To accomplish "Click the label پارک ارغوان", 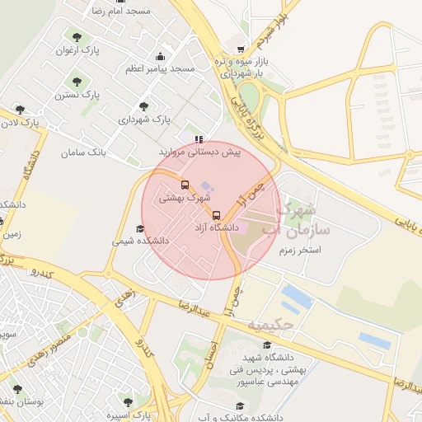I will pos(77,50).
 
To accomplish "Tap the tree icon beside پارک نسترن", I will pos(77,82).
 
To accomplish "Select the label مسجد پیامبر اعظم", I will pos(160,68).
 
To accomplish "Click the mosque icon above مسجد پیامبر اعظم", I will pos(160,56).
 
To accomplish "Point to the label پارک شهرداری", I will pos(144,119).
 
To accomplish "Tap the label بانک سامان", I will pos(84,152).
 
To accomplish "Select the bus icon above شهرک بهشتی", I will pos(185,185).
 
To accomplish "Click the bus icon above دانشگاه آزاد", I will pos(217,215).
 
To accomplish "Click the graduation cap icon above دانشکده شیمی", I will pos(139,229).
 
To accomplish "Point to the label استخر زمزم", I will pos(299,249).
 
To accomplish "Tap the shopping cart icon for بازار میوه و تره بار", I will pos(240,49).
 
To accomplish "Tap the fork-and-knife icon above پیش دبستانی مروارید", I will pos(199,139).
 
